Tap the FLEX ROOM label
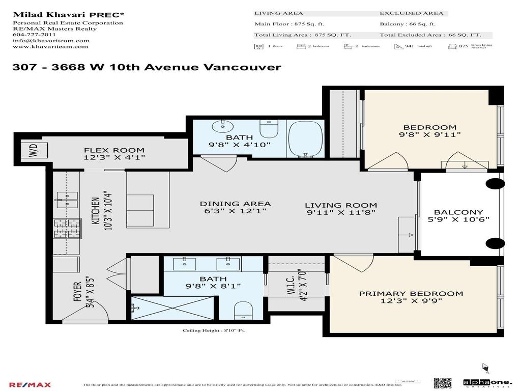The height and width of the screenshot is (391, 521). click(x=114, y=150)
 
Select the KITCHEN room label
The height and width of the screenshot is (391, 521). click(x=95, y=212)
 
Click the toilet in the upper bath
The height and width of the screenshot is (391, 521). click(x=269, y=130)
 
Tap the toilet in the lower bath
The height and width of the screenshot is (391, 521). click(x=243, y=310)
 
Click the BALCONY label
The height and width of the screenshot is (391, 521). click(x=458, y=212)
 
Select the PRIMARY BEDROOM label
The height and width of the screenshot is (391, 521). click(x=411, y=293)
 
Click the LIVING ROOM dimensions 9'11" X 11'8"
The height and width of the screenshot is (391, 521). click(x=340, y=212)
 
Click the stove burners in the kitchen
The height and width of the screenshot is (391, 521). click(x=68, y=228)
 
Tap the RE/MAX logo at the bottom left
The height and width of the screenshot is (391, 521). click(x=30, y=384)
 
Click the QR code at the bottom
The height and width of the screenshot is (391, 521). click(x=442, y=383)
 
